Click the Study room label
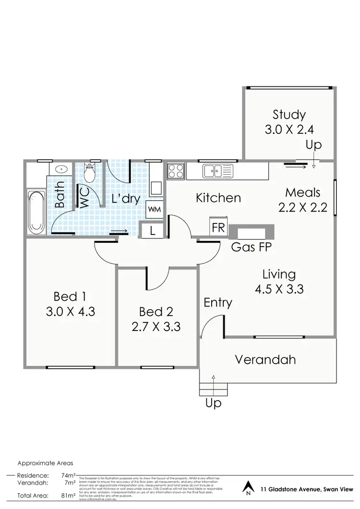(x=289, y=115)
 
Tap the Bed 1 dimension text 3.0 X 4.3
(x=71, y=311)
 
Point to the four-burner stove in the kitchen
(x=176, y=171)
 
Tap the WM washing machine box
(x=154, y=209)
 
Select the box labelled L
(x=153, y=230)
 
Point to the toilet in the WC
(x=90, y=172)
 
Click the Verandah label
(x=265, y=359)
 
